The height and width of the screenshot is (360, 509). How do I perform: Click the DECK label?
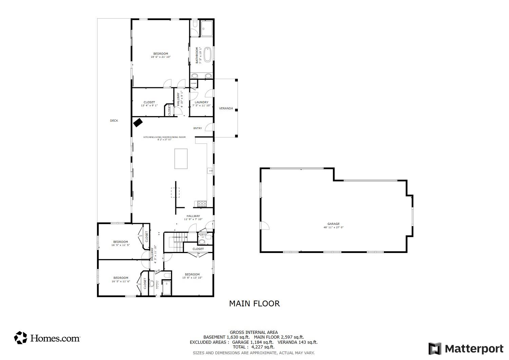point(114,121)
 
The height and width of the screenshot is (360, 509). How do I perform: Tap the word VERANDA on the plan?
point(226,108)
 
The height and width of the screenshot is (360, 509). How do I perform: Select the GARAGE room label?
point(333,224)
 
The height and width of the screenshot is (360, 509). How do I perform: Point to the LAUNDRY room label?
point(201,102)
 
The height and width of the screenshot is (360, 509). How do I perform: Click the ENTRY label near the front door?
point(197,128)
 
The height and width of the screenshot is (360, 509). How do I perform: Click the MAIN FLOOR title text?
point(254,304)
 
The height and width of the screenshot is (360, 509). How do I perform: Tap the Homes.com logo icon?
point(20,338)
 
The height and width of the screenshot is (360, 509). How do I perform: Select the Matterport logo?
point(466,349)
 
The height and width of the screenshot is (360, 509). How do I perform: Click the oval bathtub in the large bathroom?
point(207,55)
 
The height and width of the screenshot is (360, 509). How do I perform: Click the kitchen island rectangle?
point(181,159)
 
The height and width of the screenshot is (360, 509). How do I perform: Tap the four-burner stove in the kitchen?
point(202,204)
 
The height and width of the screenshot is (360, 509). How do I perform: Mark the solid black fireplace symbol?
point(137,122)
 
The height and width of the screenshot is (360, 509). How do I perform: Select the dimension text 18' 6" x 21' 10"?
point(161,57)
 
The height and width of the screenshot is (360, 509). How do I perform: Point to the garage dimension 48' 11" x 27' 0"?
point(333,227)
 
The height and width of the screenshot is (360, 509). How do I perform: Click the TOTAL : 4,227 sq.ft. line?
point(253,347)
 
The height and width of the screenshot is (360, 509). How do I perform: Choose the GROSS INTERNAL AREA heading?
point(253,332)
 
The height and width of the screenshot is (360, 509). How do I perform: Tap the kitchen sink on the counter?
point(210,171)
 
